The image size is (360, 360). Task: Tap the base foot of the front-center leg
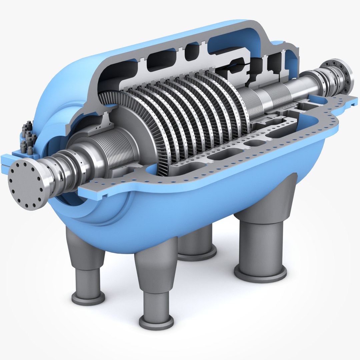tap(156, 322)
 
